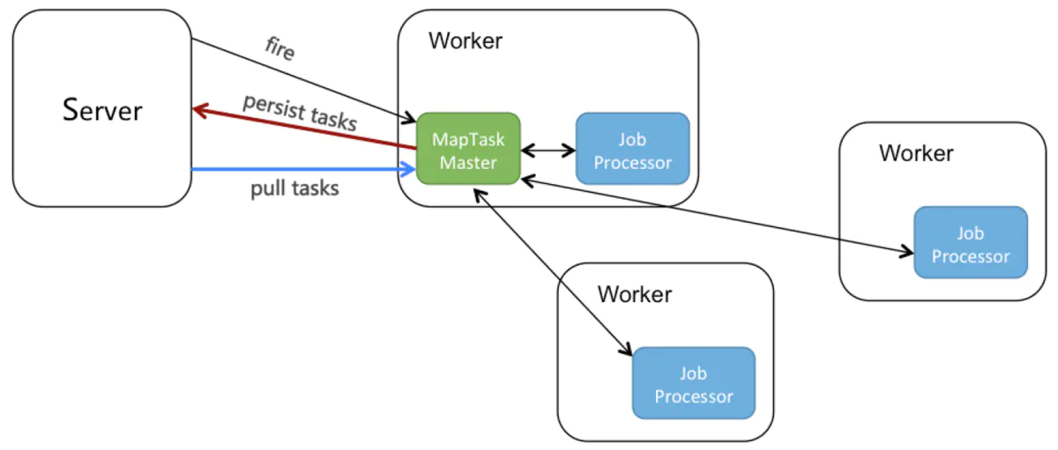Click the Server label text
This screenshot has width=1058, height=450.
tap(102, 110)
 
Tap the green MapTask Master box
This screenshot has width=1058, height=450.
tap(468, 149)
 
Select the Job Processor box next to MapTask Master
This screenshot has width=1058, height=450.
tap(632, 149)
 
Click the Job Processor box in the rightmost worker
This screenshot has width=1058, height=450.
tap(971, 243)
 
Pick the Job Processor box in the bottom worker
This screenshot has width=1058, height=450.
tap(694, 383)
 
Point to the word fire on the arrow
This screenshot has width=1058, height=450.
tap(279, 48)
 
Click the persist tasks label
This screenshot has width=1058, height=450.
tap(300, 112)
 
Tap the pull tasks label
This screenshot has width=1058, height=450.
tap(294, 188)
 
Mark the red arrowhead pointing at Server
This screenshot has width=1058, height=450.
tap(200, 110)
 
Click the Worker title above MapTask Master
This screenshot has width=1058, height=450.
tap(465, 41)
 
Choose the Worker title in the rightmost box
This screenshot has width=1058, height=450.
tap(916, 153)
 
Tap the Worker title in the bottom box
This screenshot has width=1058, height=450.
tap(634, 293)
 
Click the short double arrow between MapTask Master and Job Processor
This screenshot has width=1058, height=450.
tap(548, 150)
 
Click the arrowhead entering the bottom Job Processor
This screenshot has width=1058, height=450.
tap(627, 351)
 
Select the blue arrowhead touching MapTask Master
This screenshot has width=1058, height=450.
tap(410, 168)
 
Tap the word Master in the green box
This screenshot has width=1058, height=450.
tap(468, 162)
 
